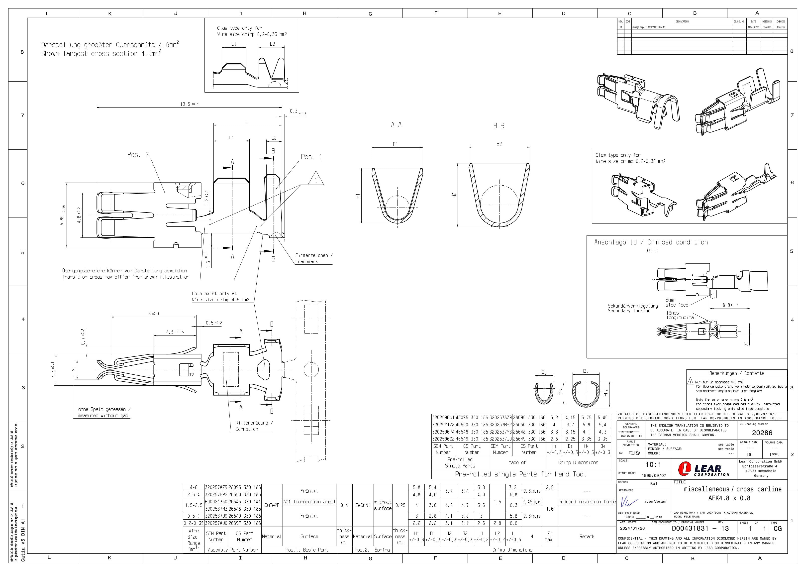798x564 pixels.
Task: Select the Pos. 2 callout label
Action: point(138,155)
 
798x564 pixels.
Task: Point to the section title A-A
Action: point(396,125)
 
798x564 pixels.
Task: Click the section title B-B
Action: point(499,125)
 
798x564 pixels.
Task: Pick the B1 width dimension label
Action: point(395,144)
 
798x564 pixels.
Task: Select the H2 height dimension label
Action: point(454,195)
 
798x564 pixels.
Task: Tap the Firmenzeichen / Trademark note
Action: point(313,258)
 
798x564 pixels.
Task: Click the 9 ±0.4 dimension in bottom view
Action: point(154,314)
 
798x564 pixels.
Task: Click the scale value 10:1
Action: point(653,464)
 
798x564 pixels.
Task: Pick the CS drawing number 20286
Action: point(762,433)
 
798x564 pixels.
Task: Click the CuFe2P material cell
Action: point(272,505)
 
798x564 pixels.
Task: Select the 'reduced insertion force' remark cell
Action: point(587,502)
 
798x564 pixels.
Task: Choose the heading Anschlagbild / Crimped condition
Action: point(651,242)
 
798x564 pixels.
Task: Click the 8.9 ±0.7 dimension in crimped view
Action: point(730,305)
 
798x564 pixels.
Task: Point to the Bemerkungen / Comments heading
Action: point(736,373)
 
